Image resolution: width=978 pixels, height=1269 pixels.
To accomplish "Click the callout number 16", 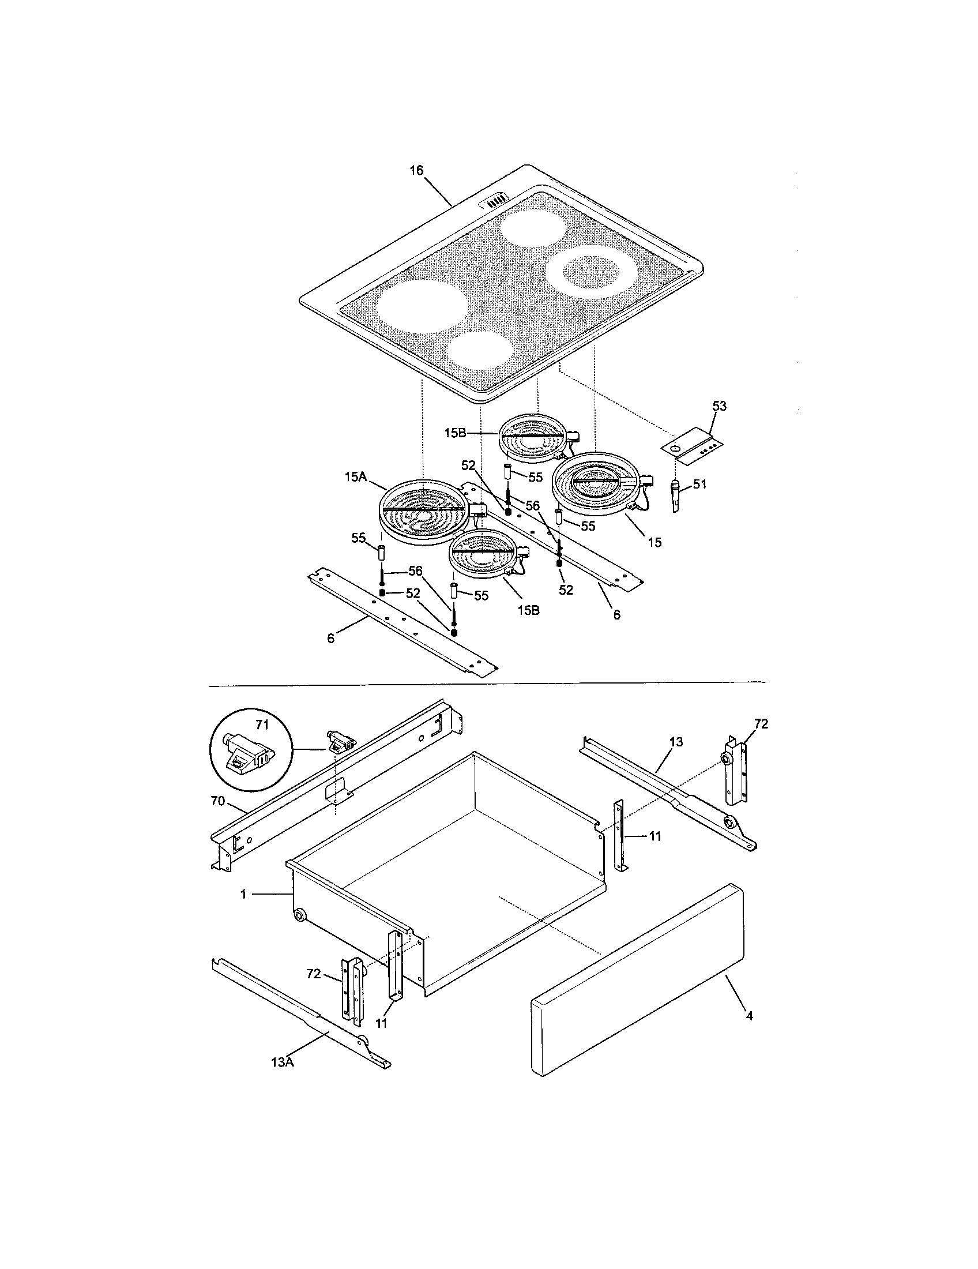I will click(416, 170).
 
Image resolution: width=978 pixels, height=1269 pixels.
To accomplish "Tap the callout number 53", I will click(719, 406).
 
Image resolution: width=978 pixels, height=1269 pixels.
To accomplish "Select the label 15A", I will click(355, 476).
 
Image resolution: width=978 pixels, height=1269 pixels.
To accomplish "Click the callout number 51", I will click(700, 484).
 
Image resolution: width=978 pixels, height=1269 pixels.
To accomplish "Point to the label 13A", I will click(281, 1062).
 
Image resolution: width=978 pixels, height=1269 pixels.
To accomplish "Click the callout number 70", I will click(218, 801).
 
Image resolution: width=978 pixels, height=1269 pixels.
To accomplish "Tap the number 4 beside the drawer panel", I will click(749, 1016).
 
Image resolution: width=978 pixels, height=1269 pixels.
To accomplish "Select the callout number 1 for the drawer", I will click(244, 895).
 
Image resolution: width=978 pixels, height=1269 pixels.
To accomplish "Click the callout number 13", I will click(676, 742).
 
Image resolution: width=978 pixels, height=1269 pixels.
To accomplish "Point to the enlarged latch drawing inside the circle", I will click(247, 755).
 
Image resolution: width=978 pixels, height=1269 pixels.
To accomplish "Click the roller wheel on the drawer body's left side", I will click(300, 917).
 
